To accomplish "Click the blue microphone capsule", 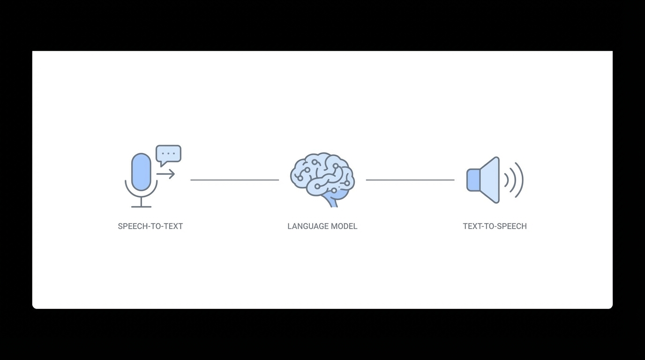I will coord(141,172).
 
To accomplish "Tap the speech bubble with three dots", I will coord(168,154).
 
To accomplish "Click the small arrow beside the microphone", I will coord(166,174).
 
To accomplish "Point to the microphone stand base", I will coord(141,207).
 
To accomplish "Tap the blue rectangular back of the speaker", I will coord(473,180).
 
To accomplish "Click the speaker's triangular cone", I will coord(490,180).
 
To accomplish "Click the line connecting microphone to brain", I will coord(234,180).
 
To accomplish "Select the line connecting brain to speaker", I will coord(410,180).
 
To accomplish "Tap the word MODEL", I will coord(345,226).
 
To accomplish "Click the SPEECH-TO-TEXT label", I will coord(150,226).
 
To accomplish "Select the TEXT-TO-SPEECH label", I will coord(495,226).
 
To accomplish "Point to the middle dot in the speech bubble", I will coord(168,153).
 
